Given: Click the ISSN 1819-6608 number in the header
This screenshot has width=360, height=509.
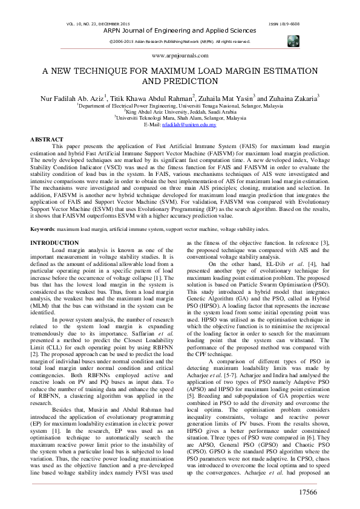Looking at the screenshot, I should coord(287,23).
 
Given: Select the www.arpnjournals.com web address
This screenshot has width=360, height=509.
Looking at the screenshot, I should coord(180,55).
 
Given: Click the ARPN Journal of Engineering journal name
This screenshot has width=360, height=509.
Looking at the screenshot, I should coord(180,30).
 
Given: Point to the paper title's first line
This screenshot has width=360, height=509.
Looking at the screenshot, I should coord(180,70).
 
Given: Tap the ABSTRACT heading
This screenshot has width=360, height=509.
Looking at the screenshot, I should coord(47,140).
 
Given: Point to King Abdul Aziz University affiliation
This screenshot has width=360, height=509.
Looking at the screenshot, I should coord(180,111).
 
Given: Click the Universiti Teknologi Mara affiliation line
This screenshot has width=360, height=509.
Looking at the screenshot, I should coord(180,118).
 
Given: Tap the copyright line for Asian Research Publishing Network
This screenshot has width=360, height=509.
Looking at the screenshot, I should coord(180,41).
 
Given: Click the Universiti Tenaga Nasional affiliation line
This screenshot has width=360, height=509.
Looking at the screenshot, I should coord(180,105).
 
